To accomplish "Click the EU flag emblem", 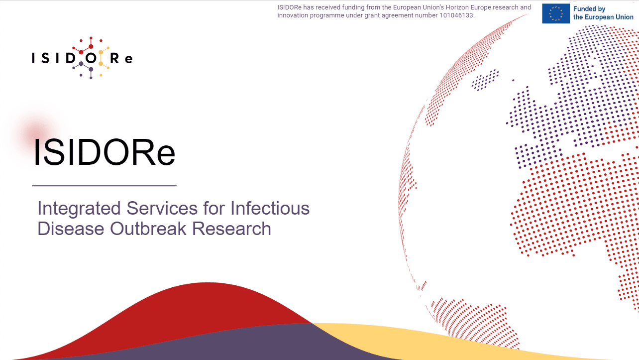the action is [556, 13].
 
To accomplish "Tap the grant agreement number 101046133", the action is [456, 15].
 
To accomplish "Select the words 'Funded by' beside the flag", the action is [589, 9].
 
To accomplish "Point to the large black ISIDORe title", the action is [104, 152].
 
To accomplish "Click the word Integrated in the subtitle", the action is [79, 208].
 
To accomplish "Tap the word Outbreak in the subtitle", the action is [148, 229].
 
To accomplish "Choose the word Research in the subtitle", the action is [231, 229].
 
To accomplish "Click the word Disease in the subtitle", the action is [71, 229].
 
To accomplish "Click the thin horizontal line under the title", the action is [105, 186].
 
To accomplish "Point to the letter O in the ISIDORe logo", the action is [91, 59].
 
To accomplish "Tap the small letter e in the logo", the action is [129, 59].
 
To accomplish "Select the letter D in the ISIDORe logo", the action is [71, 59].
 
